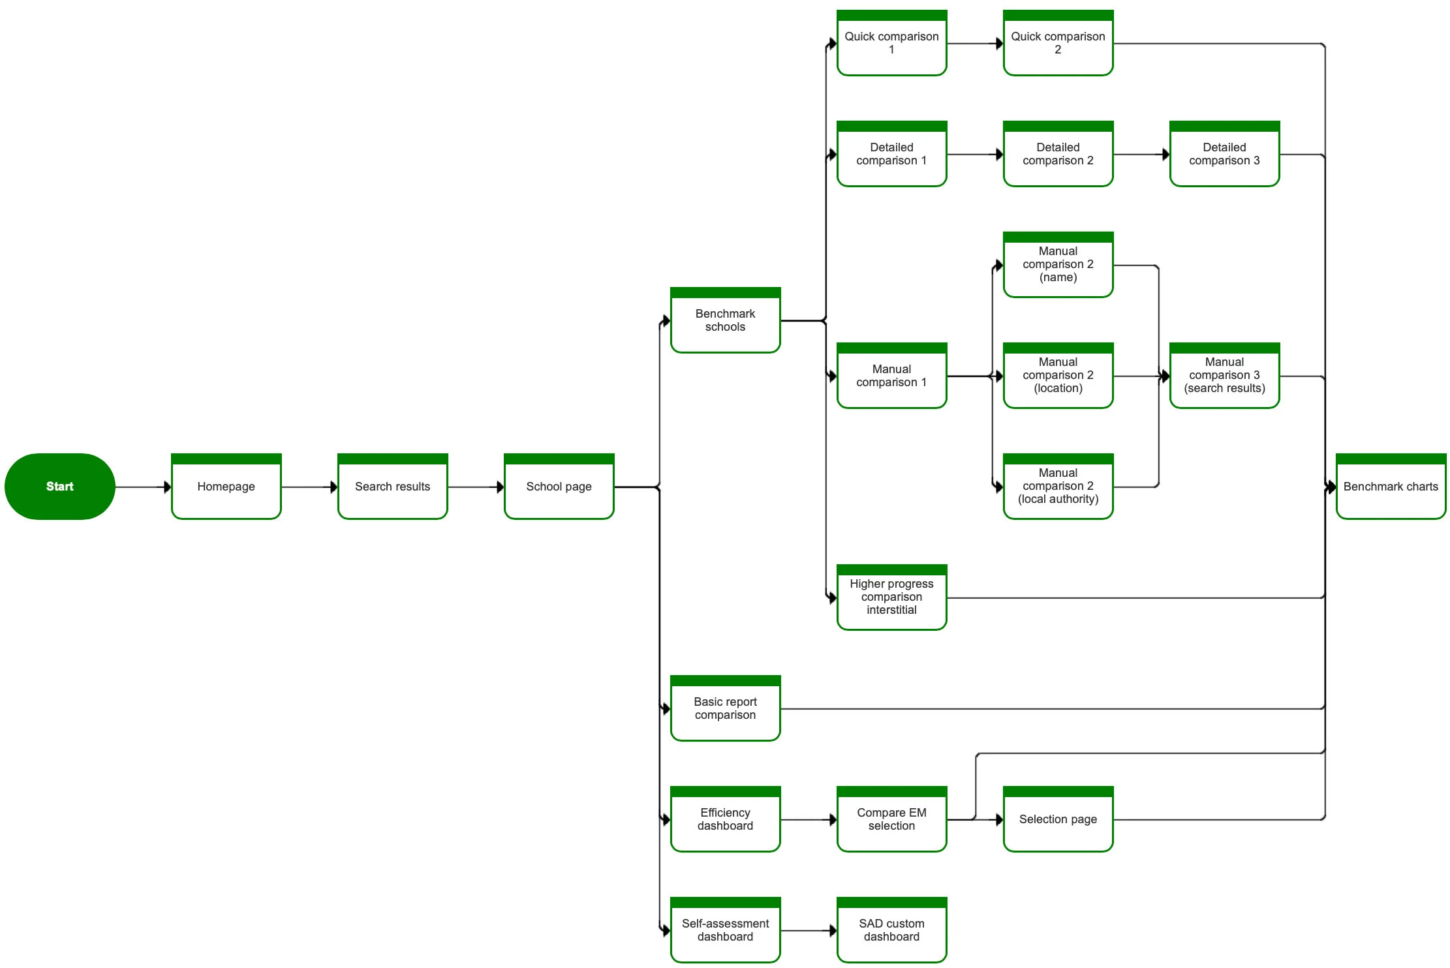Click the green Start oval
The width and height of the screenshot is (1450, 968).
pos(60,487)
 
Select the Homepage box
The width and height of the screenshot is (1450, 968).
pos(226,487)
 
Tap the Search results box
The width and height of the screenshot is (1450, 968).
pos(393,487)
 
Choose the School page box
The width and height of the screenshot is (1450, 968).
pos(559,487)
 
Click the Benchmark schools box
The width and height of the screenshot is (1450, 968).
pos(726,320)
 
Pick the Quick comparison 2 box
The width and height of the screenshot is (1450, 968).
pos(1058,43)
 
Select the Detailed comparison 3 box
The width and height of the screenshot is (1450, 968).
pos(1225,154)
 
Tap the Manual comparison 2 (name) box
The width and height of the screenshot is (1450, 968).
pos(1058,265)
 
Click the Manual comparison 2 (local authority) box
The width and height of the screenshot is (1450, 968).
pos(1058,487)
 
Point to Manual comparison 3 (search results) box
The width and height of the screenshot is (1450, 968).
pos(1225,376)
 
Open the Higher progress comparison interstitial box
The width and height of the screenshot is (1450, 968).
pos(892,597)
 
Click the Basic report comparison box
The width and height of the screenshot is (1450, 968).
pos(726,708)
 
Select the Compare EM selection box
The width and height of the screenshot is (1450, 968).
pos(892,819)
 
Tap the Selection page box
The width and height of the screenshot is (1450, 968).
pos(1058,819)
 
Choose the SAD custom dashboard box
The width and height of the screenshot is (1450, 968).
pos(892,930)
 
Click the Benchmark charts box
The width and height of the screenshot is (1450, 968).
pos(1391,487)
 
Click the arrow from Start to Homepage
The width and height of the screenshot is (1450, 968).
pos(144,487)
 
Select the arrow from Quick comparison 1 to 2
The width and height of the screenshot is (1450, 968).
pos(976,44)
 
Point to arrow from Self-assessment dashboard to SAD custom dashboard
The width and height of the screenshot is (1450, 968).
pos(809,931)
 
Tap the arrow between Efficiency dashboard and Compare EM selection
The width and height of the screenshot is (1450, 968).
pos(809,820)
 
